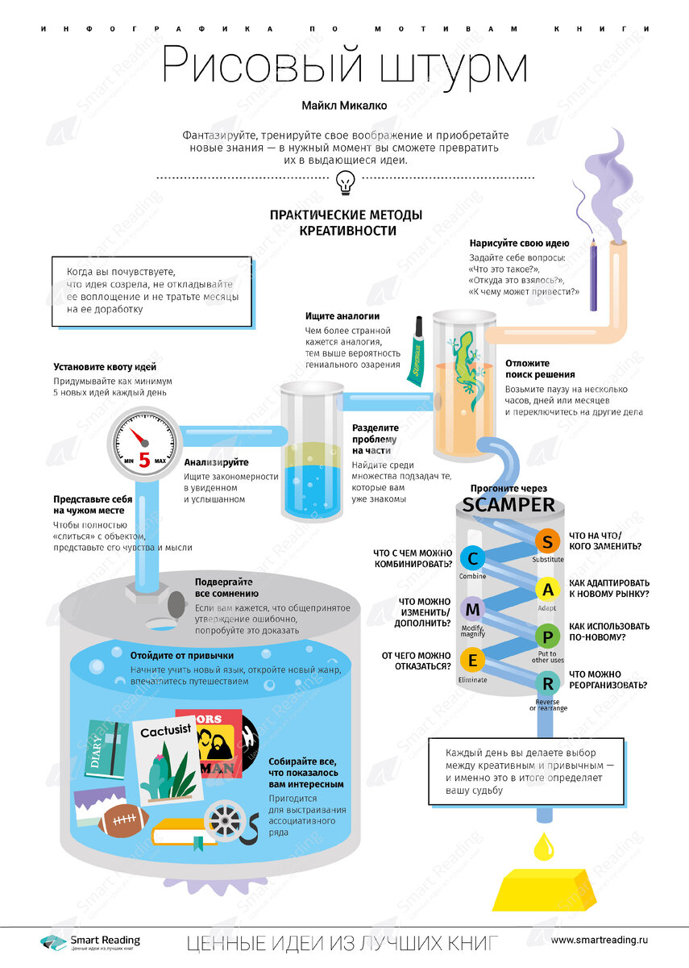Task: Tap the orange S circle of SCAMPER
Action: coord(548,540)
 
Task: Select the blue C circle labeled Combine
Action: coord(472,558)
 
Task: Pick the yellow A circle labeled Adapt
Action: coord(548,590)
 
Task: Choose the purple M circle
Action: coord(472,609)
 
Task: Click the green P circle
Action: coord(548,636)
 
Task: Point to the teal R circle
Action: coord(548,683)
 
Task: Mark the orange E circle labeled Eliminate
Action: coord(472,661)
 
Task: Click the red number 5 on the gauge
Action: coord(144,461)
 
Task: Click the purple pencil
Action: coord(593,274)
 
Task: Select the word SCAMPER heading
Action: coord(508,506)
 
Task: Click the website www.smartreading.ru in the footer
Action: coord(600,941)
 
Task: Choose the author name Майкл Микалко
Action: coord(344,105)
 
